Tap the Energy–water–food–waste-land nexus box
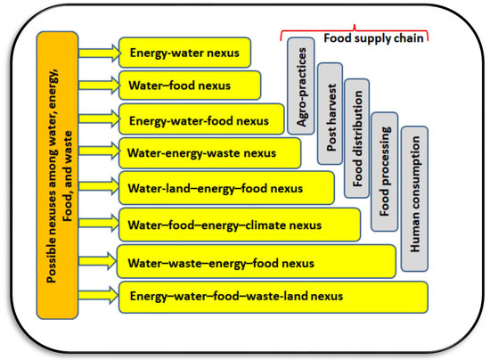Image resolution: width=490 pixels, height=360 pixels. tap(272, 295)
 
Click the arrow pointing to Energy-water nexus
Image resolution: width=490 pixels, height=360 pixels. tap(100, 53)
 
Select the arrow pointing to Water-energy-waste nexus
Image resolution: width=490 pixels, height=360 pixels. tap(100, 153)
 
